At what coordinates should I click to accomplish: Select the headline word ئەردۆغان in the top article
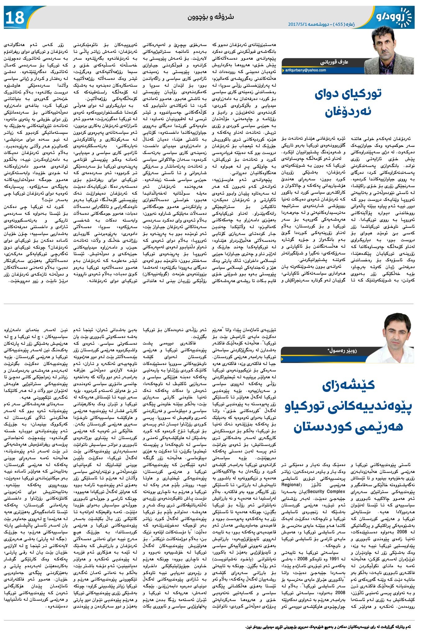point(348,112)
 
